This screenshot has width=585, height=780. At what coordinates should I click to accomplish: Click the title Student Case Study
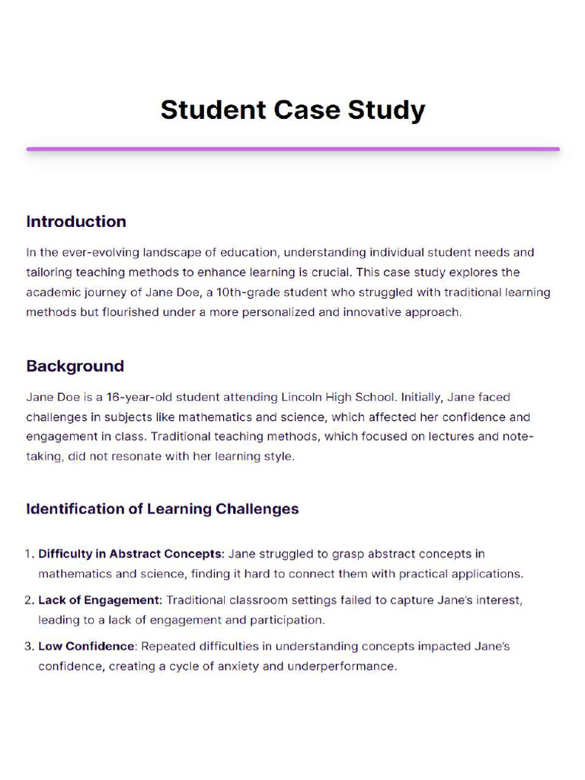click(292, 110)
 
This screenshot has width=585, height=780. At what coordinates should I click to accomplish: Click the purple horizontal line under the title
click(292, 149)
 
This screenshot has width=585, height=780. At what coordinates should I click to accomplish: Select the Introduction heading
click(76, 222)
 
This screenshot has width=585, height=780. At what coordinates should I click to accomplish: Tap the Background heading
click(75, 366)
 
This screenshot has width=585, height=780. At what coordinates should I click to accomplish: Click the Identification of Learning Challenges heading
click(162, 509)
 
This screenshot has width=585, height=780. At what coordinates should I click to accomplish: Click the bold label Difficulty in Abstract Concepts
click(130, 554)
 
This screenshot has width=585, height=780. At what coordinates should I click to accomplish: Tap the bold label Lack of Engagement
click(100, 600)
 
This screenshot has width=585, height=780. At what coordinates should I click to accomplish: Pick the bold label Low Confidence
click(86, 647)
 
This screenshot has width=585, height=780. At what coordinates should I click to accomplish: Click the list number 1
click(29, 554)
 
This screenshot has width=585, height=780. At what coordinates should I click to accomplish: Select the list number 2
click(29, 600)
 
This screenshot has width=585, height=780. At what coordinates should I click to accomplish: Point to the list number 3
click(29, 647)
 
